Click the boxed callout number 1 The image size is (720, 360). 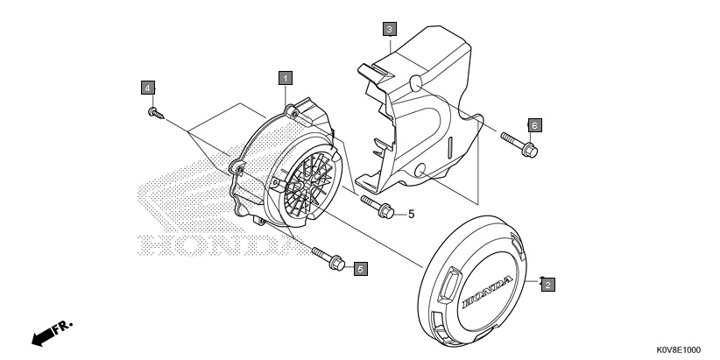tap(285, 77)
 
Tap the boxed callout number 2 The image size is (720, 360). tap(547, 284)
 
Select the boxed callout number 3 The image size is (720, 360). tap(389, 29)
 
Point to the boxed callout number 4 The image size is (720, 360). tap(148, 88)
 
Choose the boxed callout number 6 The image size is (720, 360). tap(534, 124)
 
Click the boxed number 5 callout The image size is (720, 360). tap(360, 269)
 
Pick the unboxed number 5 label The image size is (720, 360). tap(410, 213)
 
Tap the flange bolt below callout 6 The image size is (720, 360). tap(519, 145)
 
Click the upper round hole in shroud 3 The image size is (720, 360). tap(414, 83)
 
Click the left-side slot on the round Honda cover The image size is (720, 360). tap(446, 284)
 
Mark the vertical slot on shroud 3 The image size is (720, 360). tap(448, 150)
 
